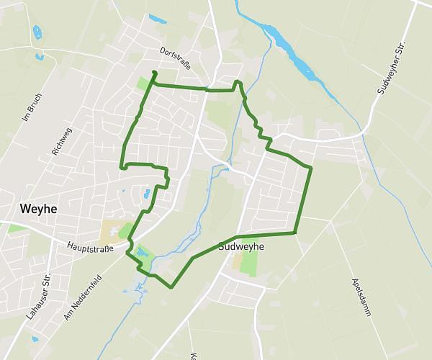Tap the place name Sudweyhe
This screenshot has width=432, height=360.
(240, 246)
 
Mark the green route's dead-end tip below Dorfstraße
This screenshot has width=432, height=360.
(155, 72)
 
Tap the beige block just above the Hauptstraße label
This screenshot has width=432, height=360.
(112, 232)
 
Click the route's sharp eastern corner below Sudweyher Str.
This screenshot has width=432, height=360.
(311, 168)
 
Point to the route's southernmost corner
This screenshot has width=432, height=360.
(171, 287)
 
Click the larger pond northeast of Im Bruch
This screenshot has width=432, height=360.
(36, 32)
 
